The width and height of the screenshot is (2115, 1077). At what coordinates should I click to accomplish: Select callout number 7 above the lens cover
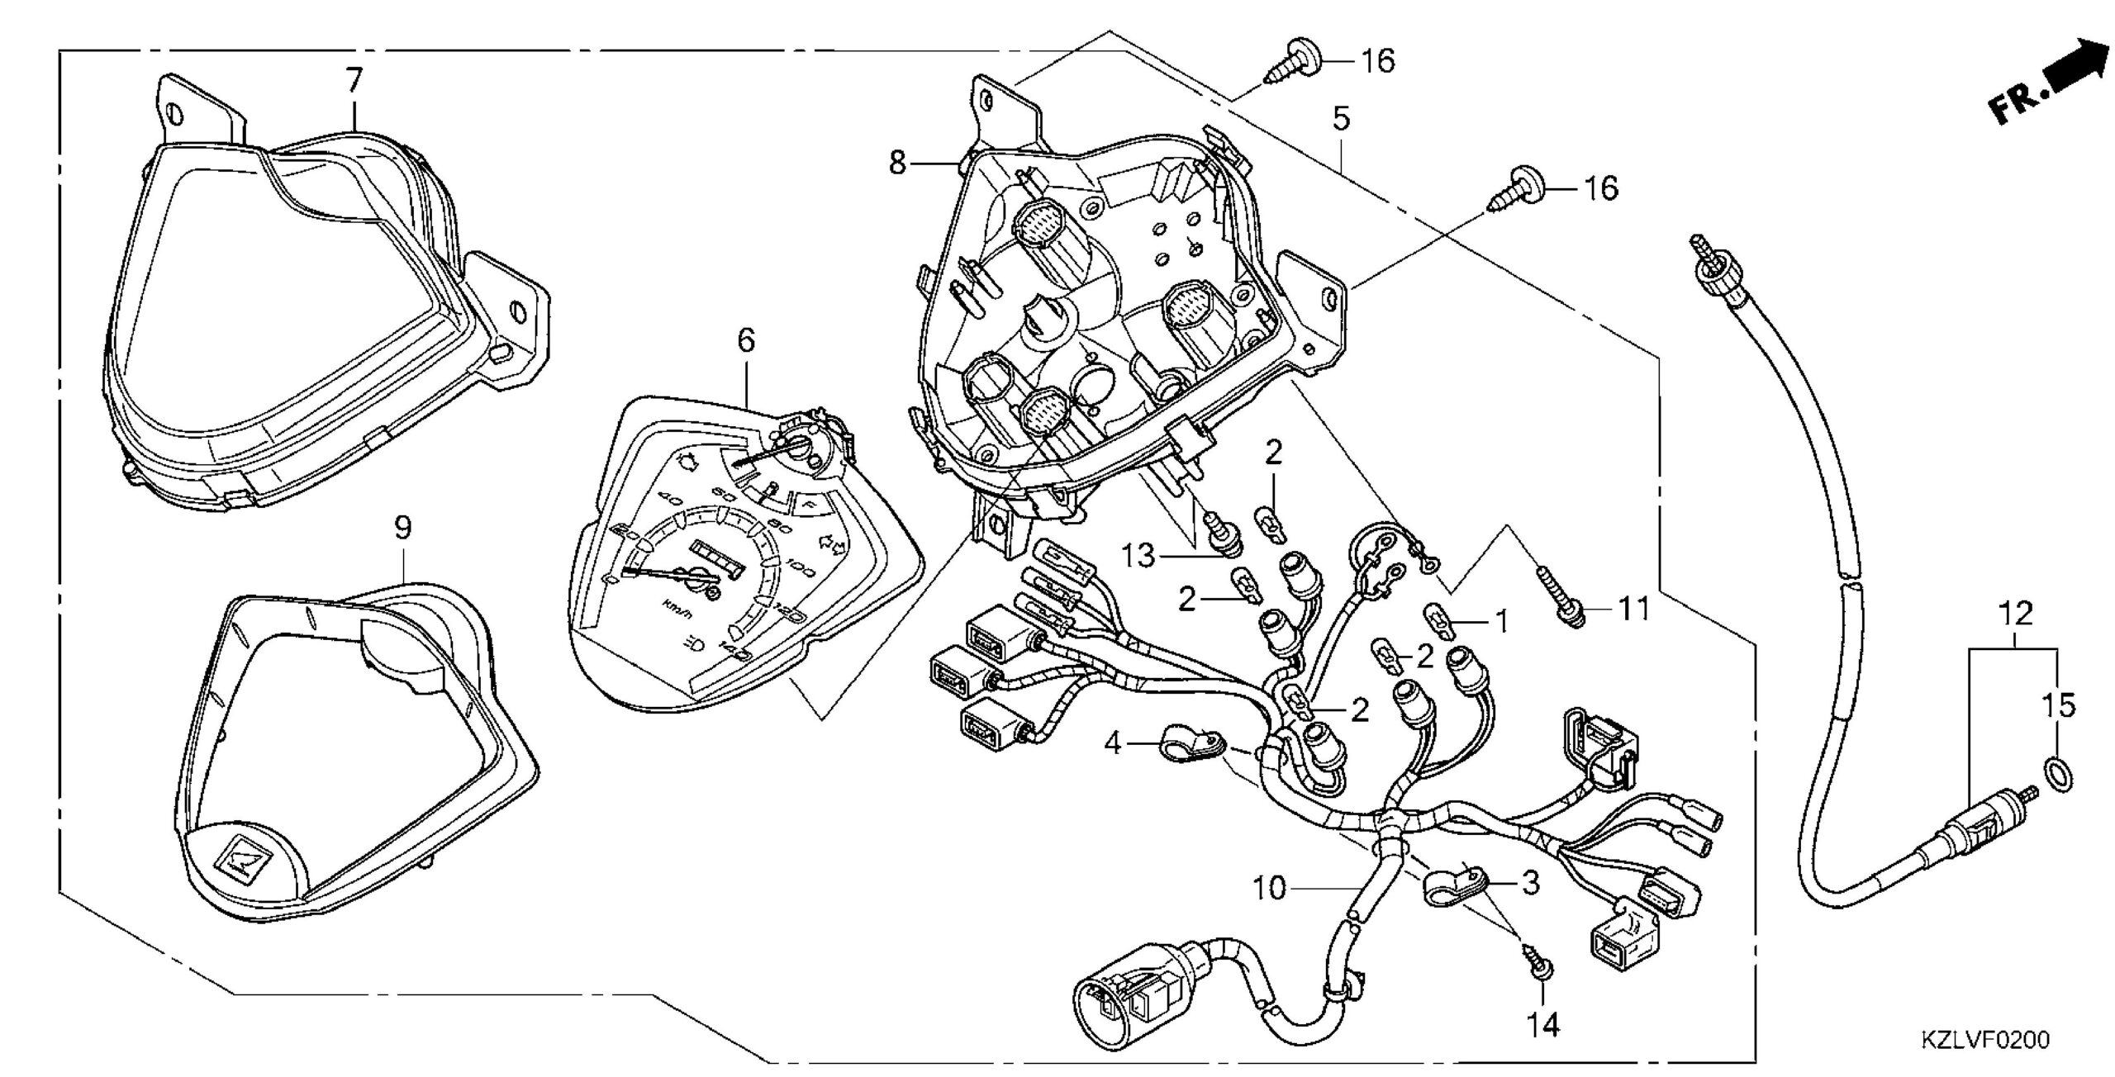point(354,81)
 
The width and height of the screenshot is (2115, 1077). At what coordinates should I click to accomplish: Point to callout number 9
point(402,528)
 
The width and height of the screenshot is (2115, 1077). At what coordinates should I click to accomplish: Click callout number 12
point(2015,614)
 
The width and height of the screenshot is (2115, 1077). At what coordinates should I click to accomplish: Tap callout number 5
point(1341,120)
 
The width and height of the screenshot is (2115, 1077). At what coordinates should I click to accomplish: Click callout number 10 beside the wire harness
point(1271,889)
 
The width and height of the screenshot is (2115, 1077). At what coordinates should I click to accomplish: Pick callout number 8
point(898,163)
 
